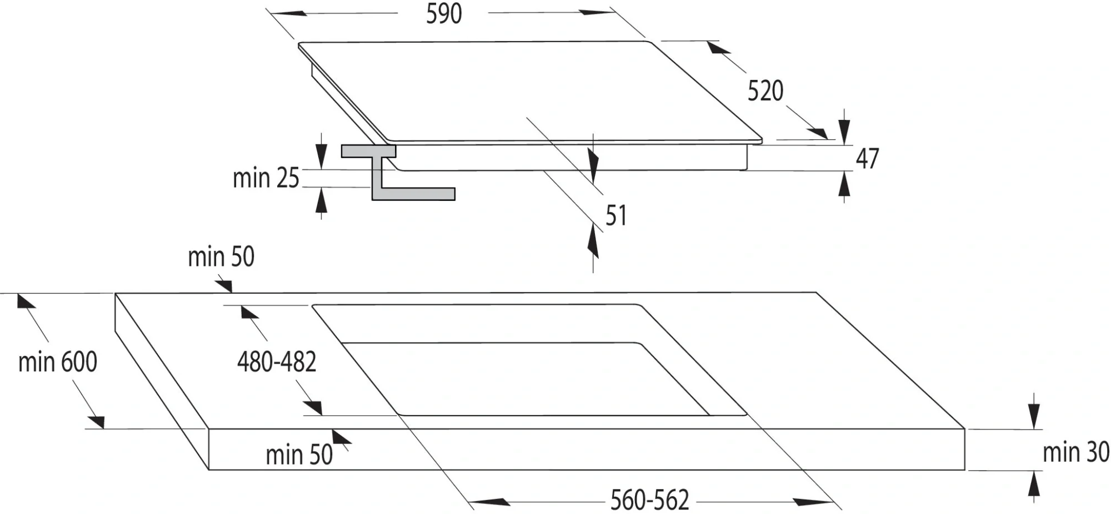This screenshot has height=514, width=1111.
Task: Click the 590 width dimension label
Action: (444, 14)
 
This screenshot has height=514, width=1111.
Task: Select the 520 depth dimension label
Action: (765, 91)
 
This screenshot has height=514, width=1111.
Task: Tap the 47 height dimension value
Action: (867, 159)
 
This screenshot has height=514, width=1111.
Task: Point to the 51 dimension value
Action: (616, 215)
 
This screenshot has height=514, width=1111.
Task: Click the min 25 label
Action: (266, 178)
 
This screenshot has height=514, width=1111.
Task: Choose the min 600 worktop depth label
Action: (58, 362)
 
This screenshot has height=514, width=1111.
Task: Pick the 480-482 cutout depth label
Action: (277, 362)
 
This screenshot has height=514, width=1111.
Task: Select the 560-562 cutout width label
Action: (649, 500)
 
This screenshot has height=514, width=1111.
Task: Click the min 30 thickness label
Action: (1076, 452)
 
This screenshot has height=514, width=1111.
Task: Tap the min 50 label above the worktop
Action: (221, 257)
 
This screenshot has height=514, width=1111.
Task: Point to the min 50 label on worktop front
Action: (299, 455)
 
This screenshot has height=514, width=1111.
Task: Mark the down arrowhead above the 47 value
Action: (844, 133)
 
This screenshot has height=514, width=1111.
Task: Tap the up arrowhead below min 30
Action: (1033, 483)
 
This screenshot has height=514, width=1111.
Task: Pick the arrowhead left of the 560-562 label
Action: (489, 502)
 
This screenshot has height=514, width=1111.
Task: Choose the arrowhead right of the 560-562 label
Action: (814, 502)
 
